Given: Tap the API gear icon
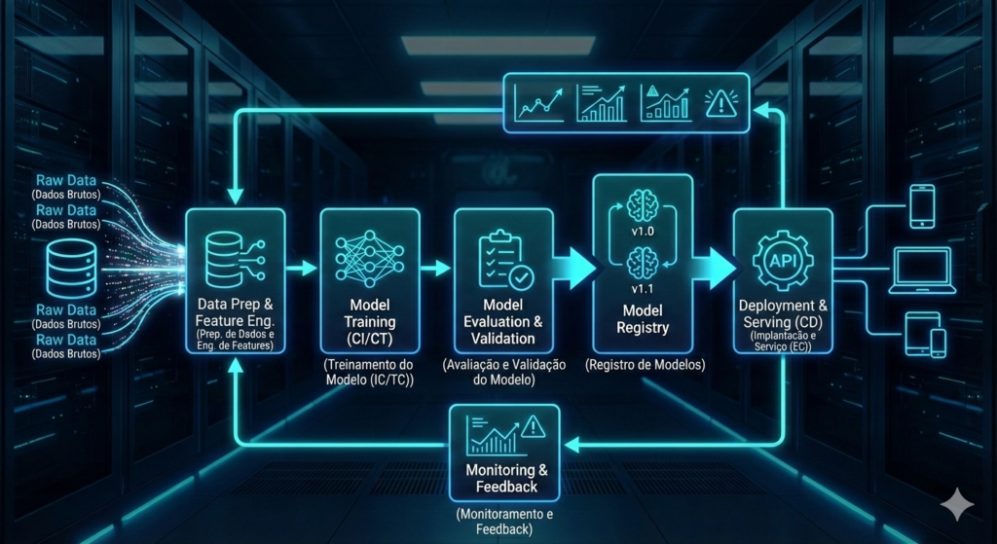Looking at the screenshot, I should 782,261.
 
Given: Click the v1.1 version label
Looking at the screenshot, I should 643,289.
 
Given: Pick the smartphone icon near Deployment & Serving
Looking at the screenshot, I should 921,205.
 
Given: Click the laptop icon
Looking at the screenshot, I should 921,270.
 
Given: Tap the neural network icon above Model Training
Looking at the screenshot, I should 370,259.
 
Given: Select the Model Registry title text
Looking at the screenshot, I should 643,319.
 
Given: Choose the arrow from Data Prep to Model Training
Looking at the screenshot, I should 303,268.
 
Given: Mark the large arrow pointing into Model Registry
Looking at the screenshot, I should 574,268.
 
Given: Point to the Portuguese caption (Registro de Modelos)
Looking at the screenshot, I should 643,366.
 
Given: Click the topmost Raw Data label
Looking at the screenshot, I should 66,181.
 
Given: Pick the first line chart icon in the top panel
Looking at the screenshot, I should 540,102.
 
